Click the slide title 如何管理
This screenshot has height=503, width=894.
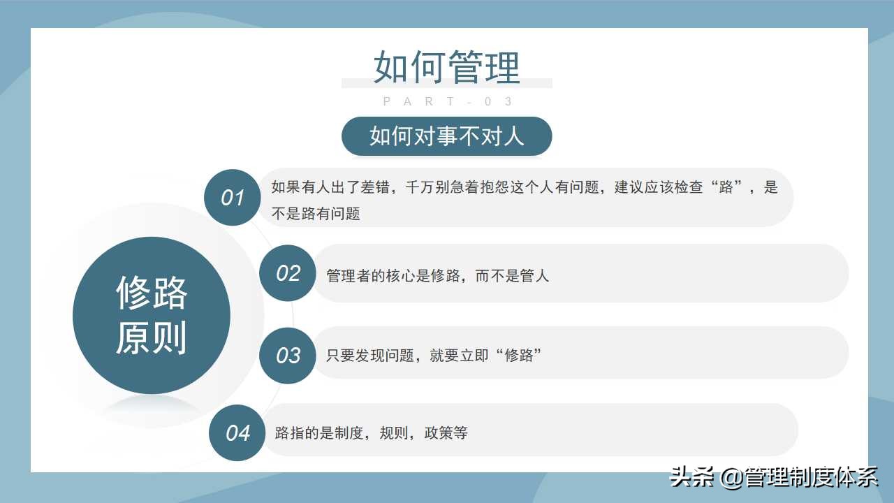[447, 67]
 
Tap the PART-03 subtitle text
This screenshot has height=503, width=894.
[448, 102]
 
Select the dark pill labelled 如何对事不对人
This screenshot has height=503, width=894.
[446, 136]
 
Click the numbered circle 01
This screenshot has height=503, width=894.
[232, 198]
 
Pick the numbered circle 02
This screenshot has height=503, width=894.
[287, 273]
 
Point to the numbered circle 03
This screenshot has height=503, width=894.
[287, 356]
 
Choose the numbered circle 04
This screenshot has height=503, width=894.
[237, 433]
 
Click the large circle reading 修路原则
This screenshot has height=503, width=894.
[152, 315]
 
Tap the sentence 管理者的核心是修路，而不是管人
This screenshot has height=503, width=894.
[437, 275]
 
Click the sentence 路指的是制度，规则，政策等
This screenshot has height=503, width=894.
[371, 433]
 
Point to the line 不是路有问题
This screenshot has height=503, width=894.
[316, 214]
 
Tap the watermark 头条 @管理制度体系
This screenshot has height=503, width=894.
[773, 478]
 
